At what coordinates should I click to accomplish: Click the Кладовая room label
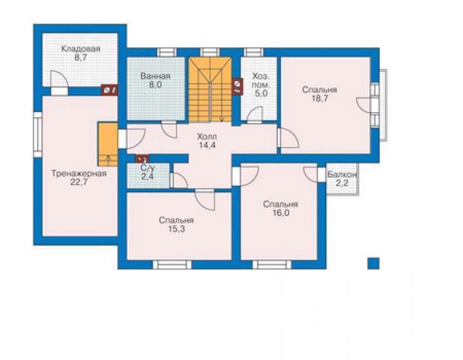click(80, 49)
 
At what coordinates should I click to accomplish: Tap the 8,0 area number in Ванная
click(155, 85)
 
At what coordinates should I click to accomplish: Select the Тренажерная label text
click(79, 173)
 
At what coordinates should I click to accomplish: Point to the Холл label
click(206, 136)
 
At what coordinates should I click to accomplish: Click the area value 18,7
click(320, 98)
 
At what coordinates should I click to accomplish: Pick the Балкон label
click(342, 175)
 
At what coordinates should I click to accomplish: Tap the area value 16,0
click(281, 213)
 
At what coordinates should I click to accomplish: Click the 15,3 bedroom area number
click(176, 229)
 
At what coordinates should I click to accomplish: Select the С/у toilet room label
click(147, 168)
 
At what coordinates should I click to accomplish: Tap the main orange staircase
click(210, 90)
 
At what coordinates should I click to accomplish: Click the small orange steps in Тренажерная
click(108, 144)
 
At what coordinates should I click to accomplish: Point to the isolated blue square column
click(374, 264)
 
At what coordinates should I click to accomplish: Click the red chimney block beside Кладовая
click(109, 90)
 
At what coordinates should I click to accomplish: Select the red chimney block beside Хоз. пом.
click(237, 86)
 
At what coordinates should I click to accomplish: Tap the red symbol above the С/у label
click(142, 159)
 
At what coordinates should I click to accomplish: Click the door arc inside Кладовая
click(60, 79)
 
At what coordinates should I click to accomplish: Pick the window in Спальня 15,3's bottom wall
click(172, 265)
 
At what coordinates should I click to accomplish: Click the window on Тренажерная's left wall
click(38, 135)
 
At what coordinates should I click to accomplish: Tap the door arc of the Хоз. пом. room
click(255, 114)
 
